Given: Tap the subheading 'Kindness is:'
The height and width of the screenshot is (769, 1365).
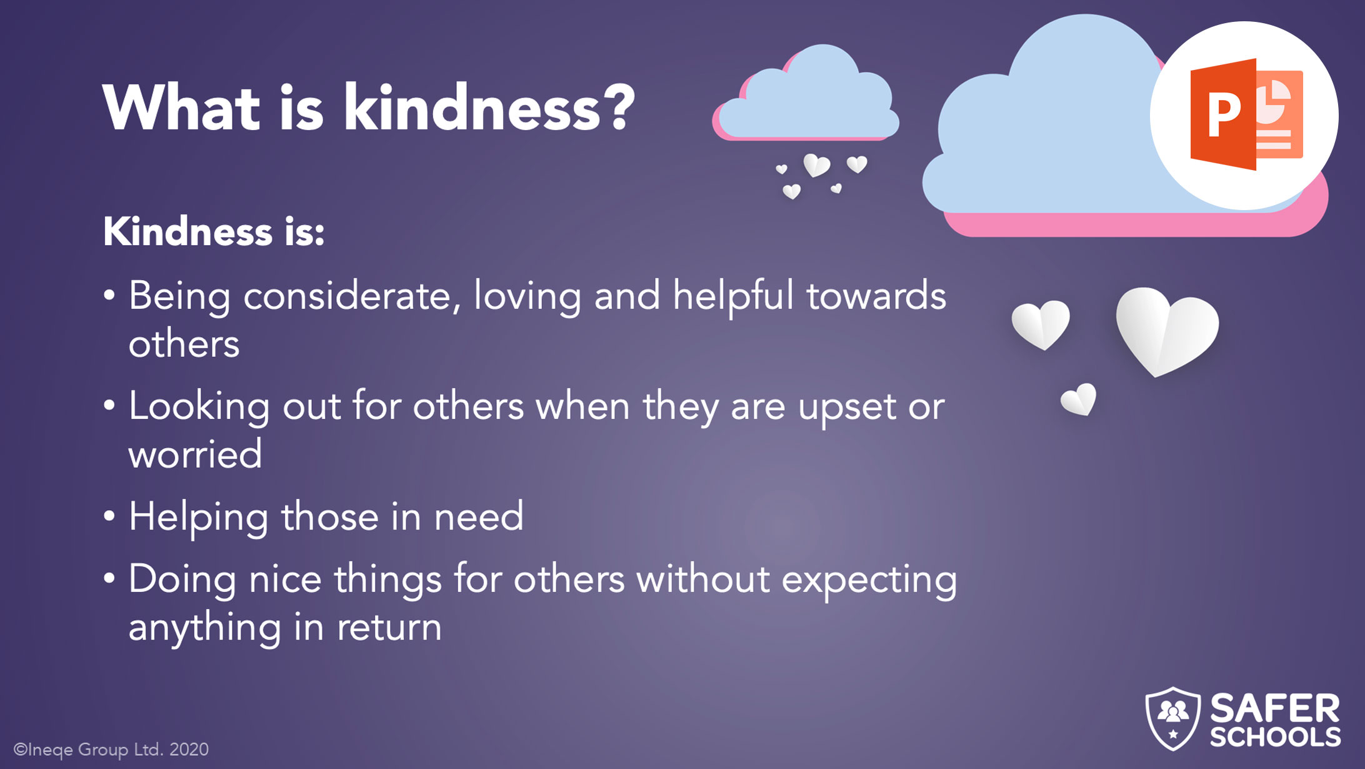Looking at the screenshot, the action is [x=214, y=231].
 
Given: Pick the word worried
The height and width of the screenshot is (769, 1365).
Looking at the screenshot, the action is [x=195, y=454].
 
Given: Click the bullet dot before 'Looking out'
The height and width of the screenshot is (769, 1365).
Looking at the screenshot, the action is [x=109, y=406].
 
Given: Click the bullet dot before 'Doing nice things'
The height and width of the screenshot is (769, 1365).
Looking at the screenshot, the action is [x=109, y=579].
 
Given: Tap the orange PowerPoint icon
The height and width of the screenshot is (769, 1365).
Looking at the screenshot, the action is [x=1246, y=115].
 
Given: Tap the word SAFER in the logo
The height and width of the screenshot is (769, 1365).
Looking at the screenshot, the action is [x=1275, y=708].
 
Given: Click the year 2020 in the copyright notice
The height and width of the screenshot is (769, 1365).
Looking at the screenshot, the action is [x=189, y=749].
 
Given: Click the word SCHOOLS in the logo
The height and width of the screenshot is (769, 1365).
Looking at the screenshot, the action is [x=1275, y=737].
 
